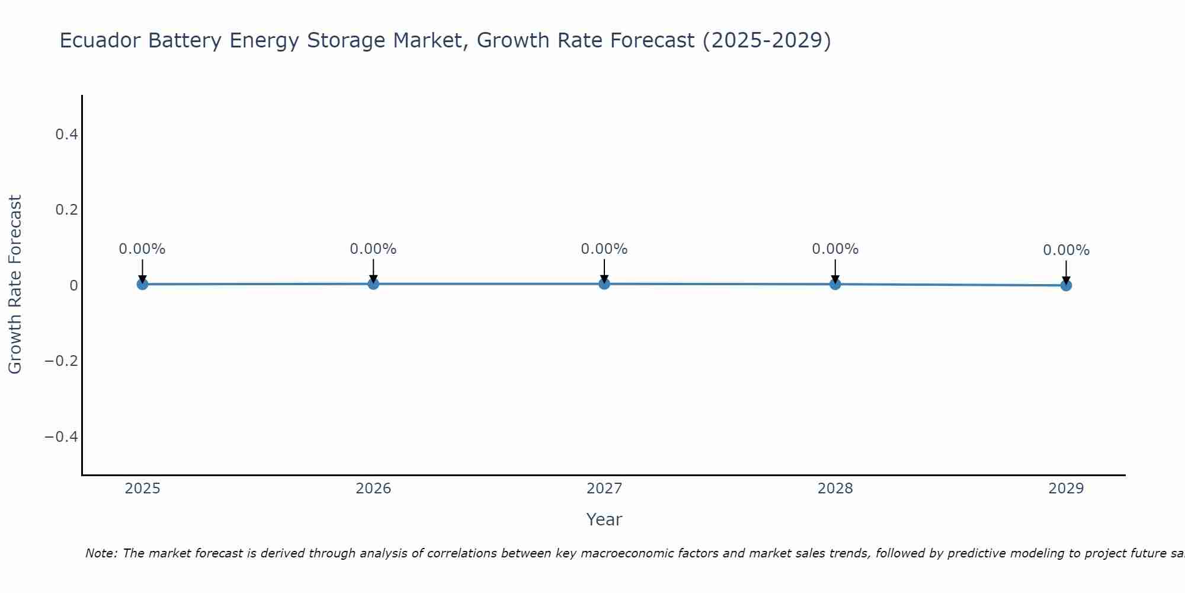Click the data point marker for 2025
[x=142, y=284]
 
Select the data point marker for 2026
[x=373, y=283]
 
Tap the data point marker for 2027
[x=604, y=283]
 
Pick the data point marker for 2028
[x=835, y=284]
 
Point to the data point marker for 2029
[x=1066, y=285]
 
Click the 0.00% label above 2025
[x=142, y=249]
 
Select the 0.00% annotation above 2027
[x=604, y=249]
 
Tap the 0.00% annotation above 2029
[x=1066, y=250]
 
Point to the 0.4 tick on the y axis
[x=66, y=135]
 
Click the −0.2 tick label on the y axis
[x=62, y=361]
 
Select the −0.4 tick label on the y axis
[x=62, y=437]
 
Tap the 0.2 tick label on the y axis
[x=66, y=210]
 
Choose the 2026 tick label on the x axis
[x=373, y=489]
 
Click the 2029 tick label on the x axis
[x=1066, y=489]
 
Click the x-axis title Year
[x=604, y=519]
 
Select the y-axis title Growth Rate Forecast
[x=15, y=285]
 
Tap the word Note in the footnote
[x=101, y=553]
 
